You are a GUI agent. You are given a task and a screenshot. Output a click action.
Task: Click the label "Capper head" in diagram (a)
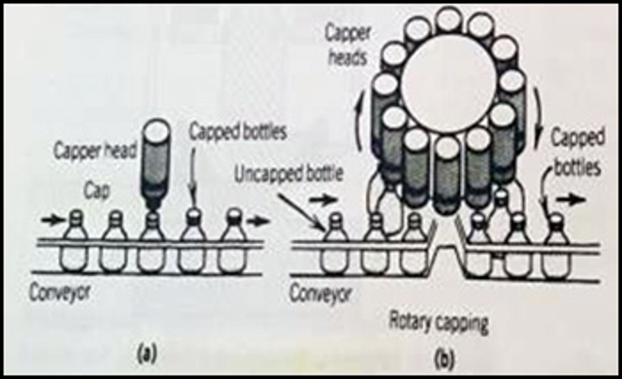coord(95,151)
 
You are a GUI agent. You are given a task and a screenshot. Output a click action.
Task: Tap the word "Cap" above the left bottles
coord(97,191)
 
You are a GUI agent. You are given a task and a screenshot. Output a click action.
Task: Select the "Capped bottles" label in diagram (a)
coord(238,131)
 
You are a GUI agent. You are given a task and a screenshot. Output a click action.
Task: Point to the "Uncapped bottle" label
coord(289,174)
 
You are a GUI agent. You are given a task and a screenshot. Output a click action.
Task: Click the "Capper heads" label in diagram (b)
coord(348,45)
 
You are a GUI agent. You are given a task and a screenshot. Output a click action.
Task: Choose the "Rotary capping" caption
coord(439,324)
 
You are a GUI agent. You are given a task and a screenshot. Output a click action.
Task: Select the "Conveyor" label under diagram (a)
coord(60,293)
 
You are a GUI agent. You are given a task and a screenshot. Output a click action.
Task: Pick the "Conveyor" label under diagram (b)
coord(320,294)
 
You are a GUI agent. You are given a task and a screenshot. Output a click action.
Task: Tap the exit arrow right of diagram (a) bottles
coord(258,221)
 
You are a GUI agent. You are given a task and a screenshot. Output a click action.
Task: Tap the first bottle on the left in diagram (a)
coord(75,243)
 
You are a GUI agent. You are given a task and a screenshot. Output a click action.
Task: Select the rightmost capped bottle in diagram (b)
coord(556,247)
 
